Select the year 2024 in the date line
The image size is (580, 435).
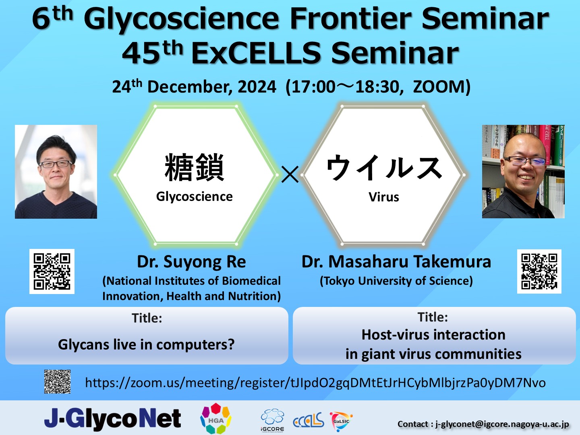[257, 87]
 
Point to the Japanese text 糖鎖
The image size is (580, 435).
[194, 167]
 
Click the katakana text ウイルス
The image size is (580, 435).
[384, 168]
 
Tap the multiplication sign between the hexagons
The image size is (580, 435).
[290, 174]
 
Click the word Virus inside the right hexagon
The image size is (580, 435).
[384, 197]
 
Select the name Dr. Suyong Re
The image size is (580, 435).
[192, 262]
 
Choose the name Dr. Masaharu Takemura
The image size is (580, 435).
[396, 262]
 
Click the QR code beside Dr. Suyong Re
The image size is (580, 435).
[52, 271]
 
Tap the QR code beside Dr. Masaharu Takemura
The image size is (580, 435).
[539, 271]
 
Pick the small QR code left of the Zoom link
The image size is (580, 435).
[57, 382]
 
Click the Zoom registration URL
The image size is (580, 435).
[315, 383]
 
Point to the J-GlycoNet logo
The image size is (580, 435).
[112, 418]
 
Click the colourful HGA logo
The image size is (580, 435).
[216, 418]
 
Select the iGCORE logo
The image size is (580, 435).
[272, 420]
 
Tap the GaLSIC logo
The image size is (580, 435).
[341, 421]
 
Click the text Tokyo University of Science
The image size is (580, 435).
[396, 281]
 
